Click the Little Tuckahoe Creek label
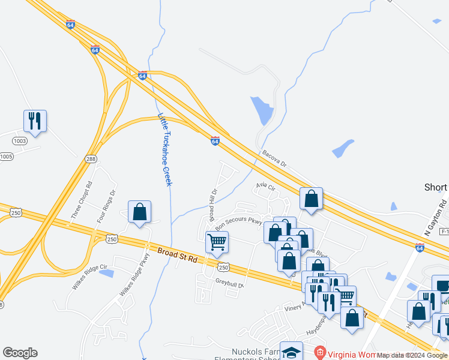165,149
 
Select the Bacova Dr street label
275,158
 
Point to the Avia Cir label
265,188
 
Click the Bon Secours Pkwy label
239,223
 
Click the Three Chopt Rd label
82,200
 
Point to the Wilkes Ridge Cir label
89,277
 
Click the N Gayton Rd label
435,217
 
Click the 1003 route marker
19,140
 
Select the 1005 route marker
6,157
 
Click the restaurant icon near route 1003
35,121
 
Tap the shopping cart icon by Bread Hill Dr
217,242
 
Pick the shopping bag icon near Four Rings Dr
139,211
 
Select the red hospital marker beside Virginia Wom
321,352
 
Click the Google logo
20,353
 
